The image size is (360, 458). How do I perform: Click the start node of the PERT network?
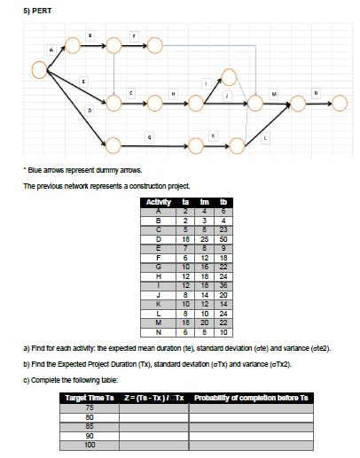[x=38, y=68]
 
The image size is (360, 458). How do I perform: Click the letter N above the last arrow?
[x=312, y=82]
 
